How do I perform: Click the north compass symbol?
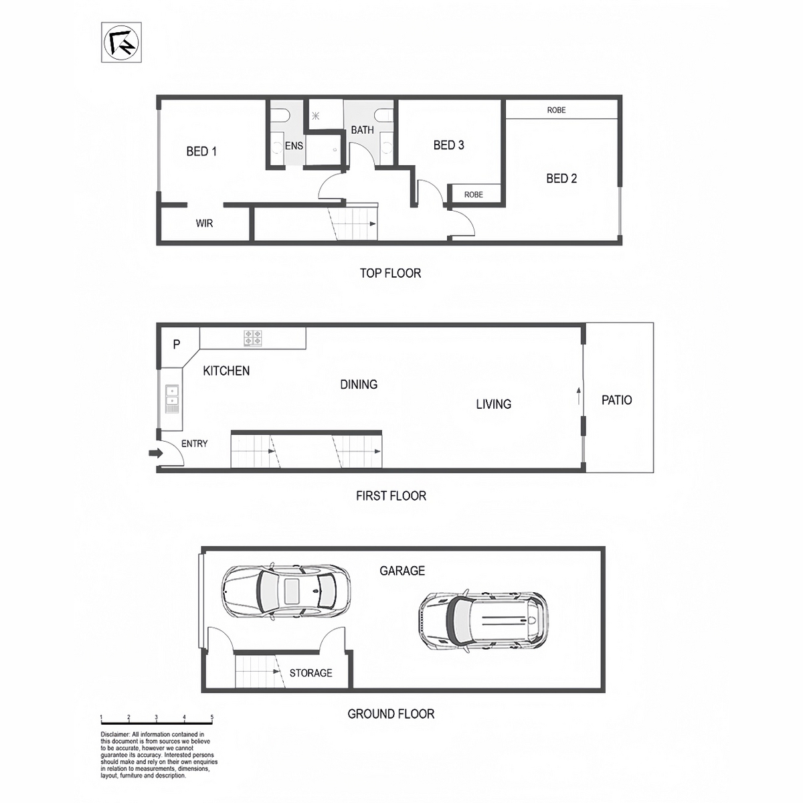point(121,43)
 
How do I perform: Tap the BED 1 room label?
point(201,151)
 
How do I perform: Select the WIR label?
point(204,224)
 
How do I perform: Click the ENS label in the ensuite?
point(294,146)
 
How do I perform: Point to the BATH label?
point(363,130)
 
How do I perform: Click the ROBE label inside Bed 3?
point(474,195)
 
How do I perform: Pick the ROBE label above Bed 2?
point(556,110)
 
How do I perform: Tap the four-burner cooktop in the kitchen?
point(253,338)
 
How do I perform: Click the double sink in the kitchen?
point(172,395)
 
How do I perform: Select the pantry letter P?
point(177,344)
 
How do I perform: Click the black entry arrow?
point(156,453)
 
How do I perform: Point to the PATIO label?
point(617,400)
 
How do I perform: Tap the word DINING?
point(359,384)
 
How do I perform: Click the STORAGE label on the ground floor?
point(311,673)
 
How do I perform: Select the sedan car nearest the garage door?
point(286,592)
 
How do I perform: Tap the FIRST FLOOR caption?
point(391,496)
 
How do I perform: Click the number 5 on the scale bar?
point(211,717)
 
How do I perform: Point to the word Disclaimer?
point(115,734)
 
